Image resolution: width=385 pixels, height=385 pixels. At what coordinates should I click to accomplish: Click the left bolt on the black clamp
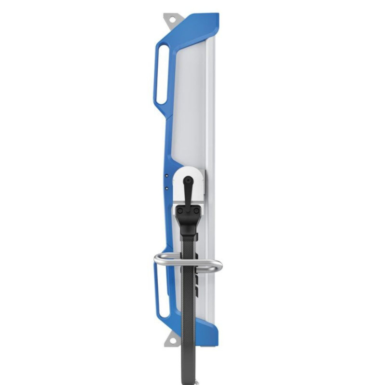pyautogui.click(x=180, y=210)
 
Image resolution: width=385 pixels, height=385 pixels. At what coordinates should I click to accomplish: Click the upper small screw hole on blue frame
pyautogui.click(x=167, y=176)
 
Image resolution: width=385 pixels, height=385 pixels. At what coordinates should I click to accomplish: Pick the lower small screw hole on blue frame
pyautogui.click(x=167, y=188)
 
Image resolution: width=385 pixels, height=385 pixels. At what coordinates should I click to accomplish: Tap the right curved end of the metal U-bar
pyautogui.click(x=219, y=264)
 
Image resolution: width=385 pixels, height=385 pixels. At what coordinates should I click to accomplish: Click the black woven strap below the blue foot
pyautogui.click(x=188, y=361)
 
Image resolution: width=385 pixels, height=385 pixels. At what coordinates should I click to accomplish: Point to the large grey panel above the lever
pyautogui.click(x=190, y=106)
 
